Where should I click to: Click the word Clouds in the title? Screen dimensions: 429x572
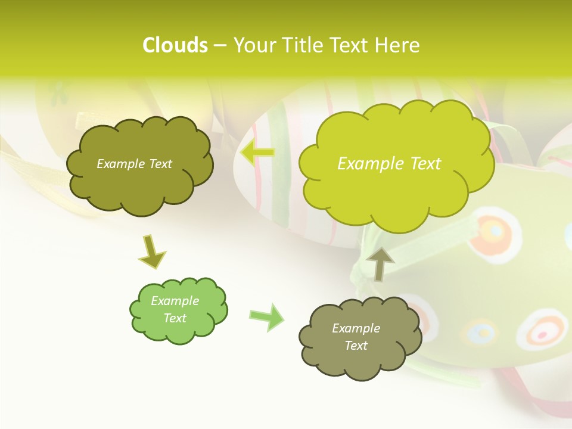(x=175, y=45)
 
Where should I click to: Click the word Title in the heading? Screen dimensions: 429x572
(x=303, y=45)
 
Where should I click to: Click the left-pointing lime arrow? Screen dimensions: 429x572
(x=257, y=153)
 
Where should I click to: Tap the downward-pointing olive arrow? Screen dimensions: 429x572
(x=151, y=251)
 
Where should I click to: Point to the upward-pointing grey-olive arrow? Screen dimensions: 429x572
(x=380, y=263)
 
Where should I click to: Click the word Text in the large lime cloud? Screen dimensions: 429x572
(x=425, y=164)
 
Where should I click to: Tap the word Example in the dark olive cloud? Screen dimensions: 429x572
(x=121, y=164)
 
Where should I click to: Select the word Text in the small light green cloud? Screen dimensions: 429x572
(x=175, y=318)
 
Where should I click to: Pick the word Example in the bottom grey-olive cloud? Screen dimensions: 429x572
(x=356, y=328)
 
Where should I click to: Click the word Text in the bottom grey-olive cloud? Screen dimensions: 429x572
(x=356, y=346)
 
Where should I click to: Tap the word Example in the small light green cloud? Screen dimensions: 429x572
(x=175, y=301)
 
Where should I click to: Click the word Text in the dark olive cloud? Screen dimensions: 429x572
(x=160, y=164)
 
